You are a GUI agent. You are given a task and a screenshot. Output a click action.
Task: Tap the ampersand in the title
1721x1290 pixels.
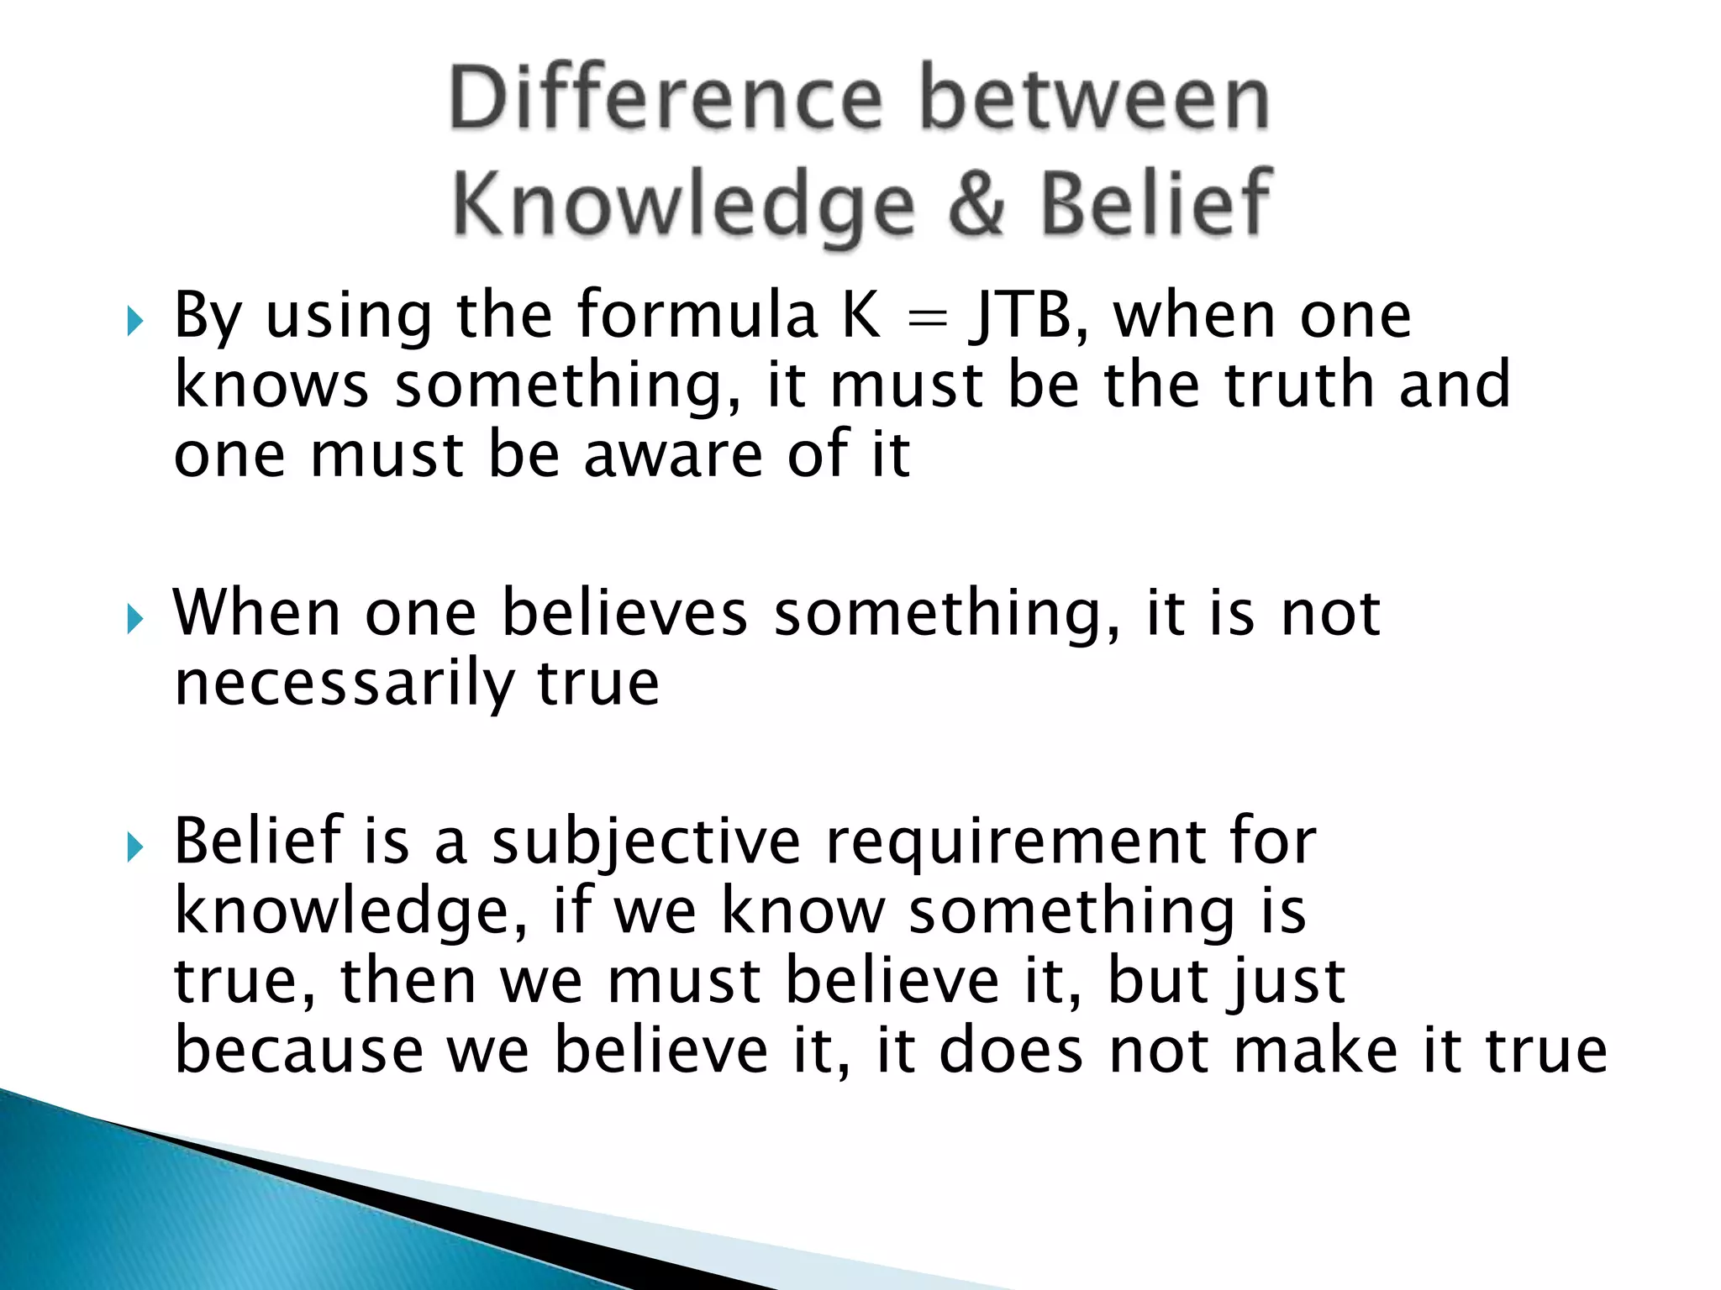[x=976, y=203]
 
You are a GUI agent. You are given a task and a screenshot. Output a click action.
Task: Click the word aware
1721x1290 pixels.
[x=673, y=455]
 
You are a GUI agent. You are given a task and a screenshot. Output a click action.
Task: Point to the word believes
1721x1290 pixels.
[x=624, y=613]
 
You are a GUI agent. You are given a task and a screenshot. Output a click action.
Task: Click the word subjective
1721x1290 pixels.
[x=646, y=842]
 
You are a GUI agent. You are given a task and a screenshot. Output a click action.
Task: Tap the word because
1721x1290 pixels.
[x=299, y=1051]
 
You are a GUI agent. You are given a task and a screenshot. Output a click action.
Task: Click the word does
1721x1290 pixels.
[x=1011, y=1051]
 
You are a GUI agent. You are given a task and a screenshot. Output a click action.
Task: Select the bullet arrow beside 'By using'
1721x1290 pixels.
[x=135, y=321]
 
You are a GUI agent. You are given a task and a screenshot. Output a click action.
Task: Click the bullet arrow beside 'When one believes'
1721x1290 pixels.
[x=135, y=620]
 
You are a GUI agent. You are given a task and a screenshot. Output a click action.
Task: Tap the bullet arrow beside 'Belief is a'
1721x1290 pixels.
[x=135, y=847]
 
